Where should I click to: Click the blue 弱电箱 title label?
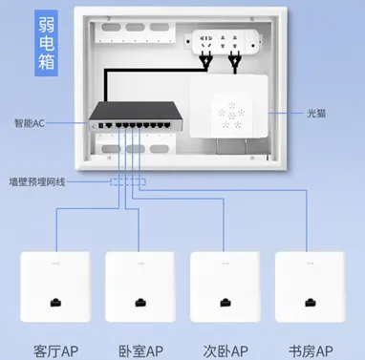point(46,43)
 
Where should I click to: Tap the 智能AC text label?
point(30,123)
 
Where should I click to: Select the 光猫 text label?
point(316,113)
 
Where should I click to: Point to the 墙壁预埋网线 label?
point(37,182)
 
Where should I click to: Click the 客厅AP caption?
point(56,351)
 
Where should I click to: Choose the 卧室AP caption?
point(140,351)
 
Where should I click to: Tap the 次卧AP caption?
point(225,351)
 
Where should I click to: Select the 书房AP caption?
point(311,351)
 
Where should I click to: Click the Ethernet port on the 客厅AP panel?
point(55,302)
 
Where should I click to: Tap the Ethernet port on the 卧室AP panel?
point(140,302)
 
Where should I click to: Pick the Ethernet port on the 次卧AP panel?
point(225,302)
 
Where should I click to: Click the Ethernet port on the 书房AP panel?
point(311,302)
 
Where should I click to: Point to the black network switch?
point(136,116)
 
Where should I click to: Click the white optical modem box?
point(228,107)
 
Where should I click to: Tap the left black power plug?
point(205,61)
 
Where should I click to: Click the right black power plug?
point(235,62)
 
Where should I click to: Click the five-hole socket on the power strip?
point(205,42)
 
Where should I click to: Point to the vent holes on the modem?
point(231,115)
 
